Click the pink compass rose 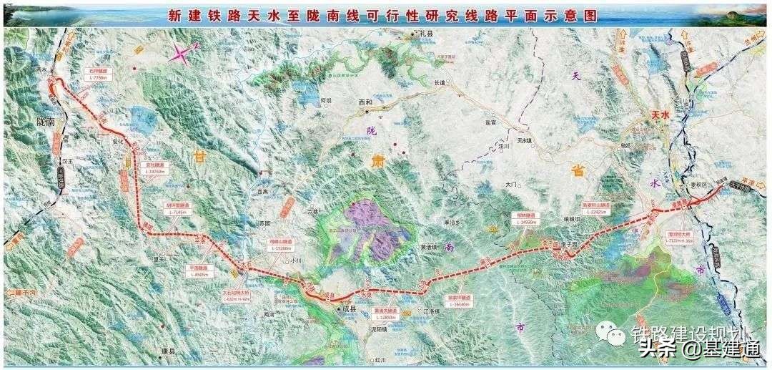point(183,53)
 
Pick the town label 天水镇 point(525,140)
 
